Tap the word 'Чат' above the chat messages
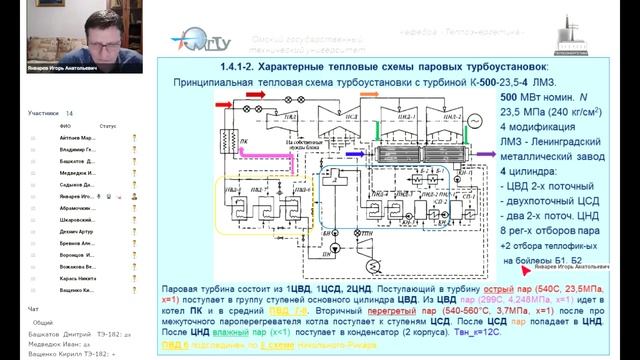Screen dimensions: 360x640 tap(34, 308)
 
